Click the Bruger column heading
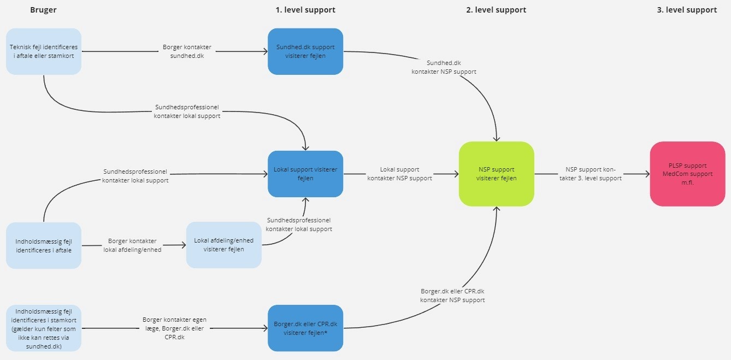coord(43,10)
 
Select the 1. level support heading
coord(305,10)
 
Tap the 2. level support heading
coord(496,10)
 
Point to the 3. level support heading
coord(687,10)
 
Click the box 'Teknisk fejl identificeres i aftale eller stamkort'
coord(44,51)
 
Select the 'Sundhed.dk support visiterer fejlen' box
coord(305,51)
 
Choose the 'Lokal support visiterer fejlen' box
coord(305,174)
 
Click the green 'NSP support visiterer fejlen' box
coord(496,174)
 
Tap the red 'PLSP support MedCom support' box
coord(687,174)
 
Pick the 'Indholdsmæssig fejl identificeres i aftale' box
coord(44,245)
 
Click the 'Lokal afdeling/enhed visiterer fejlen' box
coord(223,245)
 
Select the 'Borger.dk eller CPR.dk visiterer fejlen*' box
coord(305,328)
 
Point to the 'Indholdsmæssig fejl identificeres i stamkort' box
coord(44,328)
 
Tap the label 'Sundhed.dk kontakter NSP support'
coord(444,67)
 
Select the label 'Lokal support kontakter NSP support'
coord(399,174)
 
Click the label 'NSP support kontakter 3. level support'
coord(590,174)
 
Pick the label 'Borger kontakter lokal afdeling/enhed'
coord(132,245)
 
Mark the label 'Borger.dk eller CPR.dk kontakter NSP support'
coord(452,296)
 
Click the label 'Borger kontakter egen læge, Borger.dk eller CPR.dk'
coord(174,328)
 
